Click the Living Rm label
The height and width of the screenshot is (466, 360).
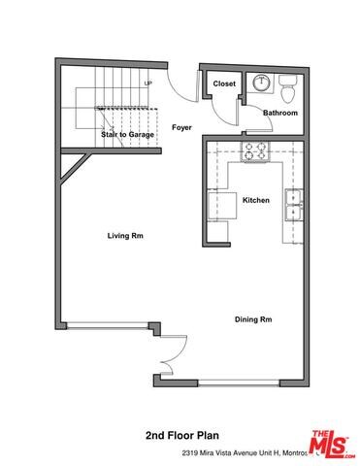coord(125,235)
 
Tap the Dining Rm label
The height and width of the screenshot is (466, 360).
coord(252,319)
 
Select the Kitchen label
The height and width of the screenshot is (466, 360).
coord(256,200)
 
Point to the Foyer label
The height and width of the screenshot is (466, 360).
coord(181,127)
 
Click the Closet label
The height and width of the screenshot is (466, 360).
coord(224,83)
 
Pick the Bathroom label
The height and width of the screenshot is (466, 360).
coord(280,113)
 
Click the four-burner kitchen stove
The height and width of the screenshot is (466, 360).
coord(255,150)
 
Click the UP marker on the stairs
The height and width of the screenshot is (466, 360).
coord(148,83)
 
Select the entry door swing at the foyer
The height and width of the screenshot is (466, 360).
coord(178,85)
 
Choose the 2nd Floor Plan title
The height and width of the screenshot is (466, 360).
coord(181,437)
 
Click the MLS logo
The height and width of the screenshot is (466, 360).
coord(332,442)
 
